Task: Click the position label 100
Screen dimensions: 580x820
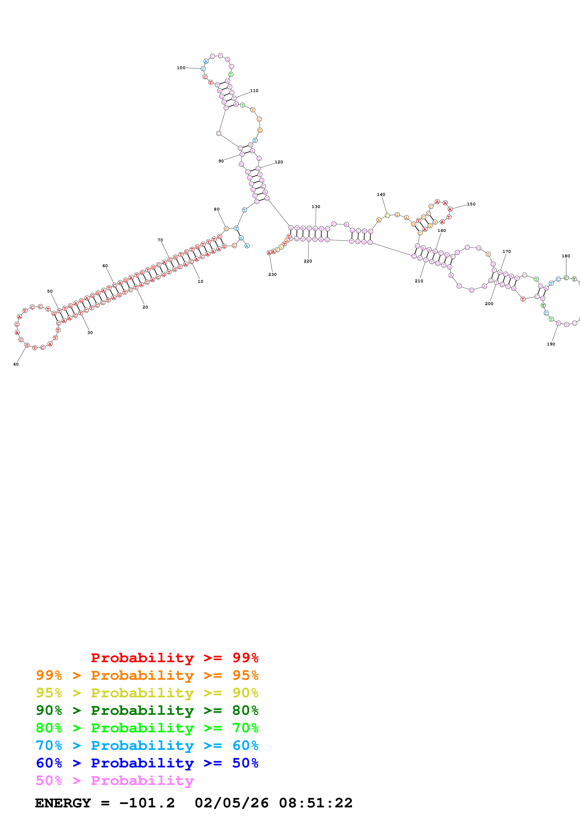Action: point(181,68)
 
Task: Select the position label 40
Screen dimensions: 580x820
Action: point(16,364)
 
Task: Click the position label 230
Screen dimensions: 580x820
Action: point(272,274)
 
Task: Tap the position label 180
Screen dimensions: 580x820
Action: point(566,256)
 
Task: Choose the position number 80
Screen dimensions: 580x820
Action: point(217,209)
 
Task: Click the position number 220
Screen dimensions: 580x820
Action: point(308,261)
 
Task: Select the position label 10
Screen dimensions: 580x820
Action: point(201,281)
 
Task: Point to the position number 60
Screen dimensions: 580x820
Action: point(105,266)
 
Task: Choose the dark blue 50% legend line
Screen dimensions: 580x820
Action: point(147,763)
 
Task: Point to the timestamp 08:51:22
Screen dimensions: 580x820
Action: point(316,803)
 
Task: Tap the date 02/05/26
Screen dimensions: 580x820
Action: point(232,803)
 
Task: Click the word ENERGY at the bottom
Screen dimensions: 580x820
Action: point(63,803)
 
